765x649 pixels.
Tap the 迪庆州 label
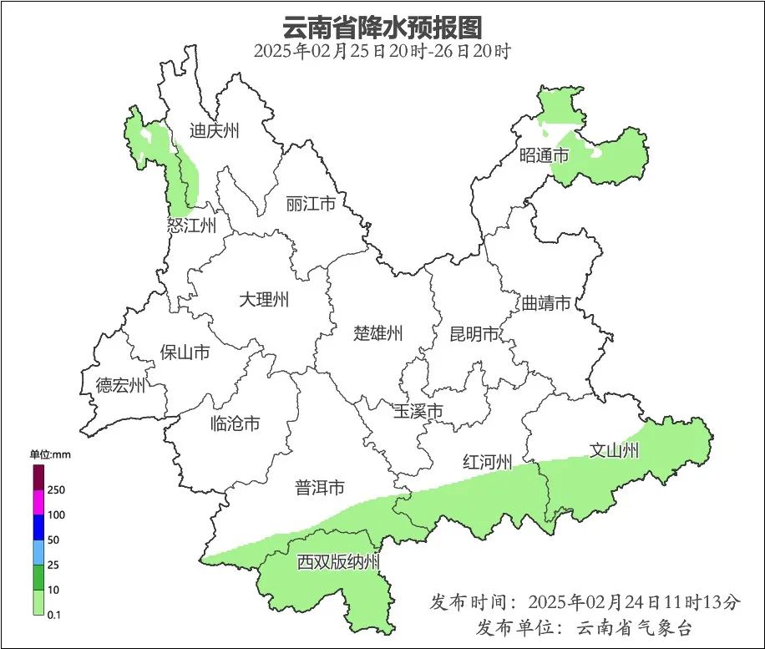click(x=214, y=130)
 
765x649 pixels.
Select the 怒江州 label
click(x=191, y=226)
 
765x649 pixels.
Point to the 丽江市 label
click(x=310, y=204)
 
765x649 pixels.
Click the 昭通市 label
click(x=544, y=155)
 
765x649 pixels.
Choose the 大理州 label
click(x=263, y=299)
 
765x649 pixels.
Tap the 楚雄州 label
click(x=377, y=334)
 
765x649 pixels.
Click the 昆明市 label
click(x=474, y=334)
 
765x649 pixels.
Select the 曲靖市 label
click(x=546, y=302)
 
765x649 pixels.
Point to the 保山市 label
click(x=185, y=352)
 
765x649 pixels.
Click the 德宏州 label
click(x=120, y=385)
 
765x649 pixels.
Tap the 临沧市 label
click(x=235, y=423)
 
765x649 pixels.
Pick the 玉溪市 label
click(x=418, y=411)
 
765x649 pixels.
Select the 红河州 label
click(x=487, y=462)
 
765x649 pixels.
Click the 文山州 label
click(x=614, y=451)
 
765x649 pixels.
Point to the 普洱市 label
click(x=320, y=488)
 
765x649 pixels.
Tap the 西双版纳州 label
click(x=338, y=562)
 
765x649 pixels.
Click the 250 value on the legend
click(x=58, y=489)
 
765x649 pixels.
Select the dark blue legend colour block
click(x=38, y=527)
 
